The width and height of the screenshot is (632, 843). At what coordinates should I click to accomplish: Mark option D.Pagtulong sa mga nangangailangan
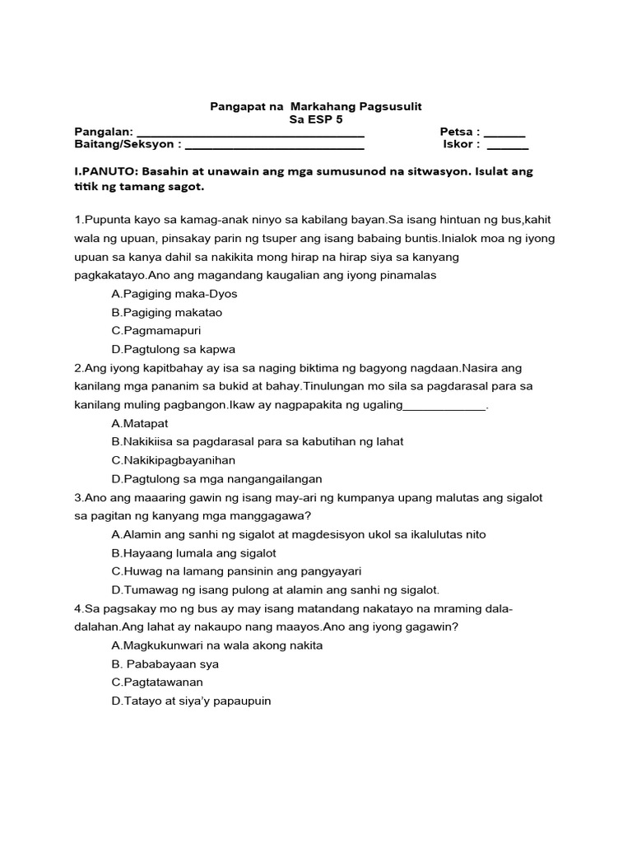tap(216, 478)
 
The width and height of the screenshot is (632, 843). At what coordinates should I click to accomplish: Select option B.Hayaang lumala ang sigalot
tap(193, 552)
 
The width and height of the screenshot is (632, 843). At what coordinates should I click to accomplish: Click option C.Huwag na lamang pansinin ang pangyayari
tap(236, 571)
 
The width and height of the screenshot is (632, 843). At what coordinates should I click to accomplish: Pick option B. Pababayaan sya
tap(165, 664)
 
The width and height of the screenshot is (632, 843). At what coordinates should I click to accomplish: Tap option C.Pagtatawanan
tap(156, 682)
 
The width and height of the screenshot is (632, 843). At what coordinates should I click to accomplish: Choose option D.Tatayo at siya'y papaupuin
tap(191, 701)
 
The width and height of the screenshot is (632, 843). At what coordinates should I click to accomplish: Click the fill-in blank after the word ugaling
tap(444, 405)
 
